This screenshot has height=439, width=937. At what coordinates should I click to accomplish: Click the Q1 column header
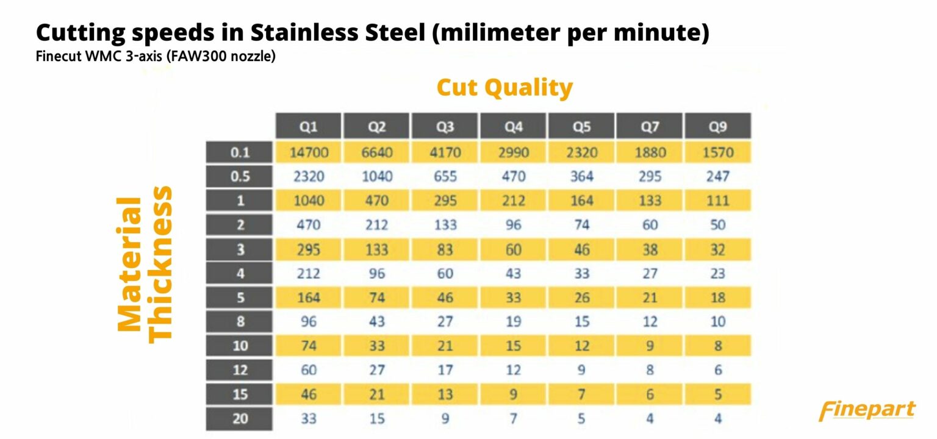click(309, 126)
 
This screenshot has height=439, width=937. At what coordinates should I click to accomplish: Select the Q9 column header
click(717, 126)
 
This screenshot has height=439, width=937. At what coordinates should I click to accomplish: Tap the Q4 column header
click(513, 126)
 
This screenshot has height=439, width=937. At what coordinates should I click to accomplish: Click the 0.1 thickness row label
click(240, 152)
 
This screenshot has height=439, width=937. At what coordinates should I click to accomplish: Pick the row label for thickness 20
click(240, 419)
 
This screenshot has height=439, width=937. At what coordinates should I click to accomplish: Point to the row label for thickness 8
click(240, 322)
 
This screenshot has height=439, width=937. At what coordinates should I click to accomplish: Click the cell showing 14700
click(309, 152)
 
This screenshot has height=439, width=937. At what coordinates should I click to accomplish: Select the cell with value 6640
click(377, 152)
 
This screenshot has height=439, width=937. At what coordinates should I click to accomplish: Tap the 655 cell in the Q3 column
click(445, 177)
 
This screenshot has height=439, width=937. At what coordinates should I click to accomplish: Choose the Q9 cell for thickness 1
click(717, 201)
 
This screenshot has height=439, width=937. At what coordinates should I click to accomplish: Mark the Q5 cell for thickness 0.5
click(581, 177)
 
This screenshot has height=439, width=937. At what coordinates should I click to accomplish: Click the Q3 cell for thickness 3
click(445, 249)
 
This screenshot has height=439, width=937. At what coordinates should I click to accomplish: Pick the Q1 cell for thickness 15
click(309, 394)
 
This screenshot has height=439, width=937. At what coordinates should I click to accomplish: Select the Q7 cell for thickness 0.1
click(650, 152)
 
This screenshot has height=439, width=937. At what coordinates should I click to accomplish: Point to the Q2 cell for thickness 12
click(377, 370)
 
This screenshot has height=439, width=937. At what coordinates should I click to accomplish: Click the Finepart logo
click(867, 410)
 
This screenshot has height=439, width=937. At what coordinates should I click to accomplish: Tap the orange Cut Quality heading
click(504, 88)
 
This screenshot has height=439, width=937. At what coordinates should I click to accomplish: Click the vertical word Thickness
click(161, 263)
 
